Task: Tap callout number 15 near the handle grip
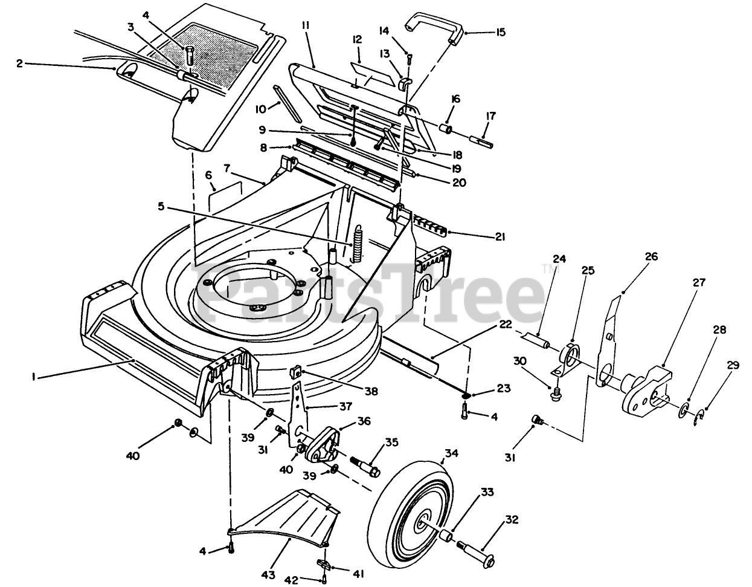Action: [x=501, y=31]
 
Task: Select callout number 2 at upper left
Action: [x=19, y=63]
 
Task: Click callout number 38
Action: [x=371, y=391]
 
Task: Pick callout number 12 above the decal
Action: [x=357, y=39]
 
